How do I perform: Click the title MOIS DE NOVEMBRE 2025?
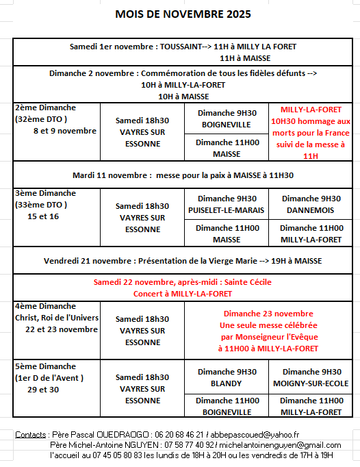pos(183,14)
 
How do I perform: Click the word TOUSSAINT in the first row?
pos(181,47)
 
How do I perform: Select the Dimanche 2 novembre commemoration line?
pos(183,73)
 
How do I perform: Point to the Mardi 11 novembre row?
pos(183,175)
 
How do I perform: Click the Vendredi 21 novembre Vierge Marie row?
pos(183,260)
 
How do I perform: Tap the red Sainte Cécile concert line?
pos(183,288)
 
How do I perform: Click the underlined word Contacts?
pos(30,435)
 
